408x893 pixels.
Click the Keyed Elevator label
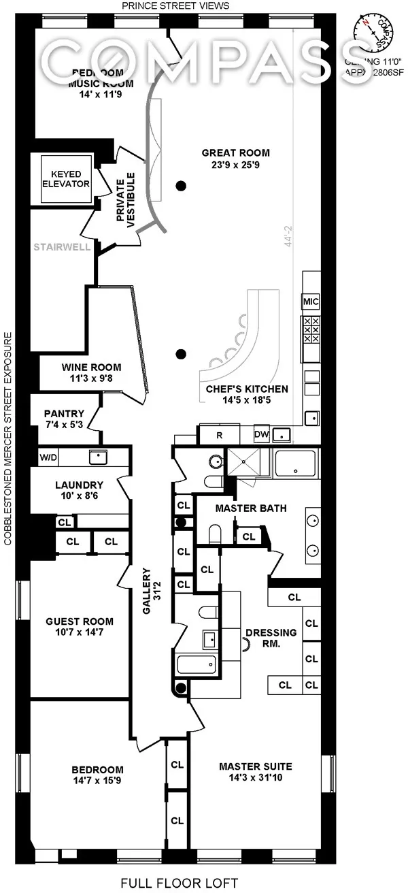point(66,179)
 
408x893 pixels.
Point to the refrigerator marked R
point(220,434)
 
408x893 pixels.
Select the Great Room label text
point(235,152)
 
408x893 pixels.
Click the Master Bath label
point(250,508)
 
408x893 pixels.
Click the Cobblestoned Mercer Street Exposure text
point(8,439)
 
